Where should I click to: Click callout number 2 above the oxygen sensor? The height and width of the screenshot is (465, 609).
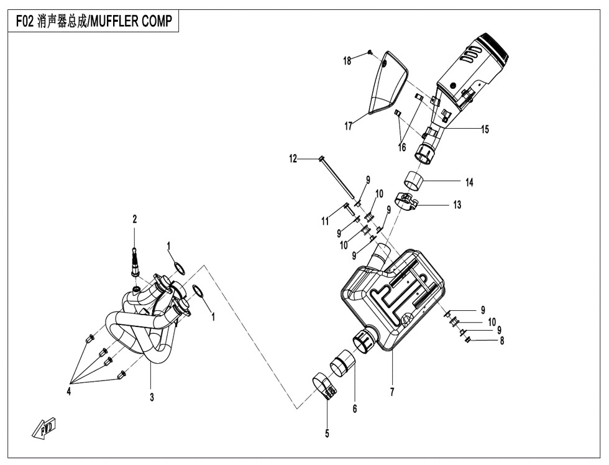point(134,219)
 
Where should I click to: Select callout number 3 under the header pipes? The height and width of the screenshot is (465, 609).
point(152,398)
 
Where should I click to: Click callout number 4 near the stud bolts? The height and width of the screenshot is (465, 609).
point(70,392)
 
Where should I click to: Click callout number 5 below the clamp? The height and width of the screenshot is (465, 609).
point(327,433)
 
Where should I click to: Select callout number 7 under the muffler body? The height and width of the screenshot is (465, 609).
point(392,393)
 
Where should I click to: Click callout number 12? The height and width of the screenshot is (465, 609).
point(293,159)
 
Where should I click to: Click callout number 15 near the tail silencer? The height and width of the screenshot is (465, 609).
point(484,129)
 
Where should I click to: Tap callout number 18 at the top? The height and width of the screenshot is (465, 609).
point(347,60)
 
